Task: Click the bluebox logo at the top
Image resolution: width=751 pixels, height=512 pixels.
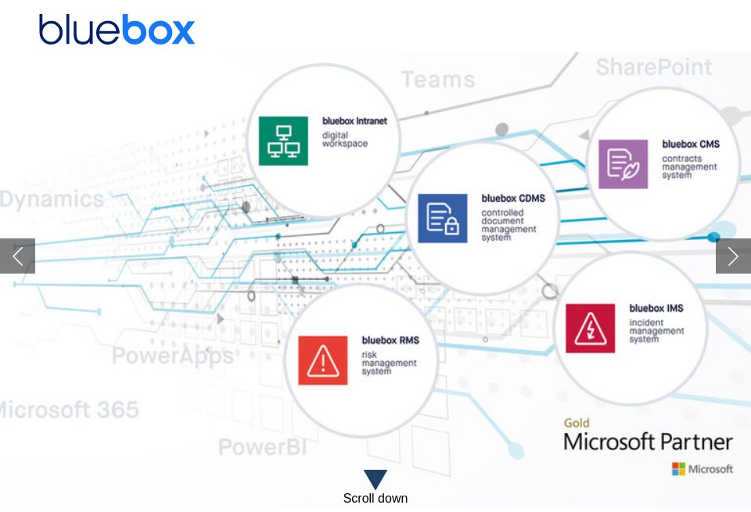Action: pyautogui.click(x=117, y=30)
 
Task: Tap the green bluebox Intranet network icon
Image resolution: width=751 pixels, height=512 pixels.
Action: pyautogui.click(x=283, y=141)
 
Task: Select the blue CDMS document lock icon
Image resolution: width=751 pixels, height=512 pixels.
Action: pyautogui.click(x=442, y=218)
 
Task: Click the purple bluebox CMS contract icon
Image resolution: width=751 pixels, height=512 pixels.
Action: pyautogui.click(x=623, y=164)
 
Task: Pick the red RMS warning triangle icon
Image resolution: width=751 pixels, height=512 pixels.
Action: pyautogui.click(x=322, y=360)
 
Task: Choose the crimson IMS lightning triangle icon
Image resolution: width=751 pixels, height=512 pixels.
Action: pyautogui.click(x=590, y=328)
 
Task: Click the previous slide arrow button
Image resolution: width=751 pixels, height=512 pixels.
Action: pyautogui.click(x=17, y=256)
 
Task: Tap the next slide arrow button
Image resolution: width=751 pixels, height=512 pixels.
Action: pyautogui.click(x=733, y=256)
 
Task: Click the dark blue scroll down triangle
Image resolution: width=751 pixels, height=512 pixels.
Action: pyautogui.click(x=375, y=478)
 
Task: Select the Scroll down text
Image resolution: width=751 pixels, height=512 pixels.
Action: pyautogui.click(x=375, y=498)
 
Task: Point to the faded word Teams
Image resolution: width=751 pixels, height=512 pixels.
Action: pyautogui.click(x=438, y=80)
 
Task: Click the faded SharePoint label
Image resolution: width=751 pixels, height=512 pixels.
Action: pyautogui.click(x=654, y=67)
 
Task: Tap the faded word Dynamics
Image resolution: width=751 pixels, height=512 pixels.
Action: pyautogui.click(x=52, y=199)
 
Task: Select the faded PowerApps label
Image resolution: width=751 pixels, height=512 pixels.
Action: pyautogui.click(x=172, y=356)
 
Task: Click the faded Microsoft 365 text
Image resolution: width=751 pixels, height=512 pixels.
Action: pyautogui.click(x=69, y=410)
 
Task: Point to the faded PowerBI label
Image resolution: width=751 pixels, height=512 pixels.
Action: pyautogui.click(x=262, y=447)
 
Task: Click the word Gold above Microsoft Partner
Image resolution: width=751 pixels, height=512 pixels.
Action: pyautogui.click(x=577, y=423)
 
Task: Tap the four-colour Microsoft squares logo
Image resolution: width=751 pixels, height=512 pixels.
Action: pyautogui.click(x=678, y=469)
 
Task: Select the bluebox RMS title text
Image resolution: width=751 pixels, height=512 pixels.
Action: pyautogui.click(x=390, y=340)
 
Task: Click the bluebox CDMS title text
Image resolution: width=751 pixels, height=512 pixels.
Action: pyautogui.click(x=513, y=199)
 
